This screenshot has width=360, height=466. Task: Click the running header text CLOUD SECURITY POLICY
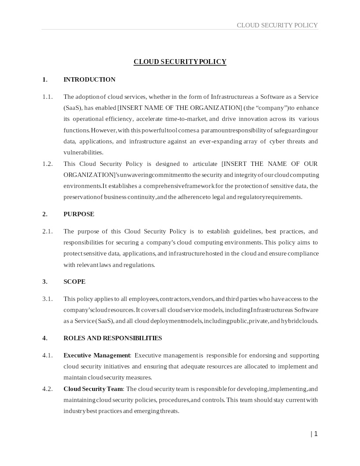coord(277,25)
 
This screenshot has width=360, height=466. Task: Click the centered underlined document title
coord(180,62)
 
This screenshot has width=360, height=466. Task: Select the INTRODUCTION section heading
coord(90,79)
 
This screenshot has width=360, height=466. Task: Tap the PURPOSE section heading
coord(79,214)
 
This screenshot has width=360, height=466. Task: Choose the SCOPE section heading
coord(75,282)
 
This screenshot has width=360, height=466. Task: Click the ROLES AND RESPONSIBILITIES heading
coord(112,338)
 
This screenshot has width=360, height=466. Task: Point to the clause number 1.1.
coord(47,97)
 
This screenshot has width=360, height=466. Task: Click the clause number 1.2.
coord(47,164)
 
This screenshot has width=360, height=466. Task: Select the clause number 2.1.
coord(47,231)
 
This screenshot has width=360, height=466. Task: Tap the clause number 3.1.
coord(47,299)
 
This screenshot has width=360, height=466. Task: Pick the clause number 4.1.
coord(47,355)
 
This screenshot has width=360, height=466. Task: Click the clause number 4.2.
coord(47,389)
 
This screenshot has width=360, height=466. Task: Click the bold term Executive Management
coord(97,355)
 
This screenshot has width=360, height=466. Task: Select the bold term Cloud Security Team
coord(93,389)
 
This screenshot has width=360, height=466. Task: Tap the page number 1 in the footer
coord(316,434)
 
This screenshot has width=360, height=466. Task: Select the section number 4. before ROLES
coord(45,338)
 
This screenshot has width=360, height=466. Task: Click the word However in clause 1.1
coord(104,130)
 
